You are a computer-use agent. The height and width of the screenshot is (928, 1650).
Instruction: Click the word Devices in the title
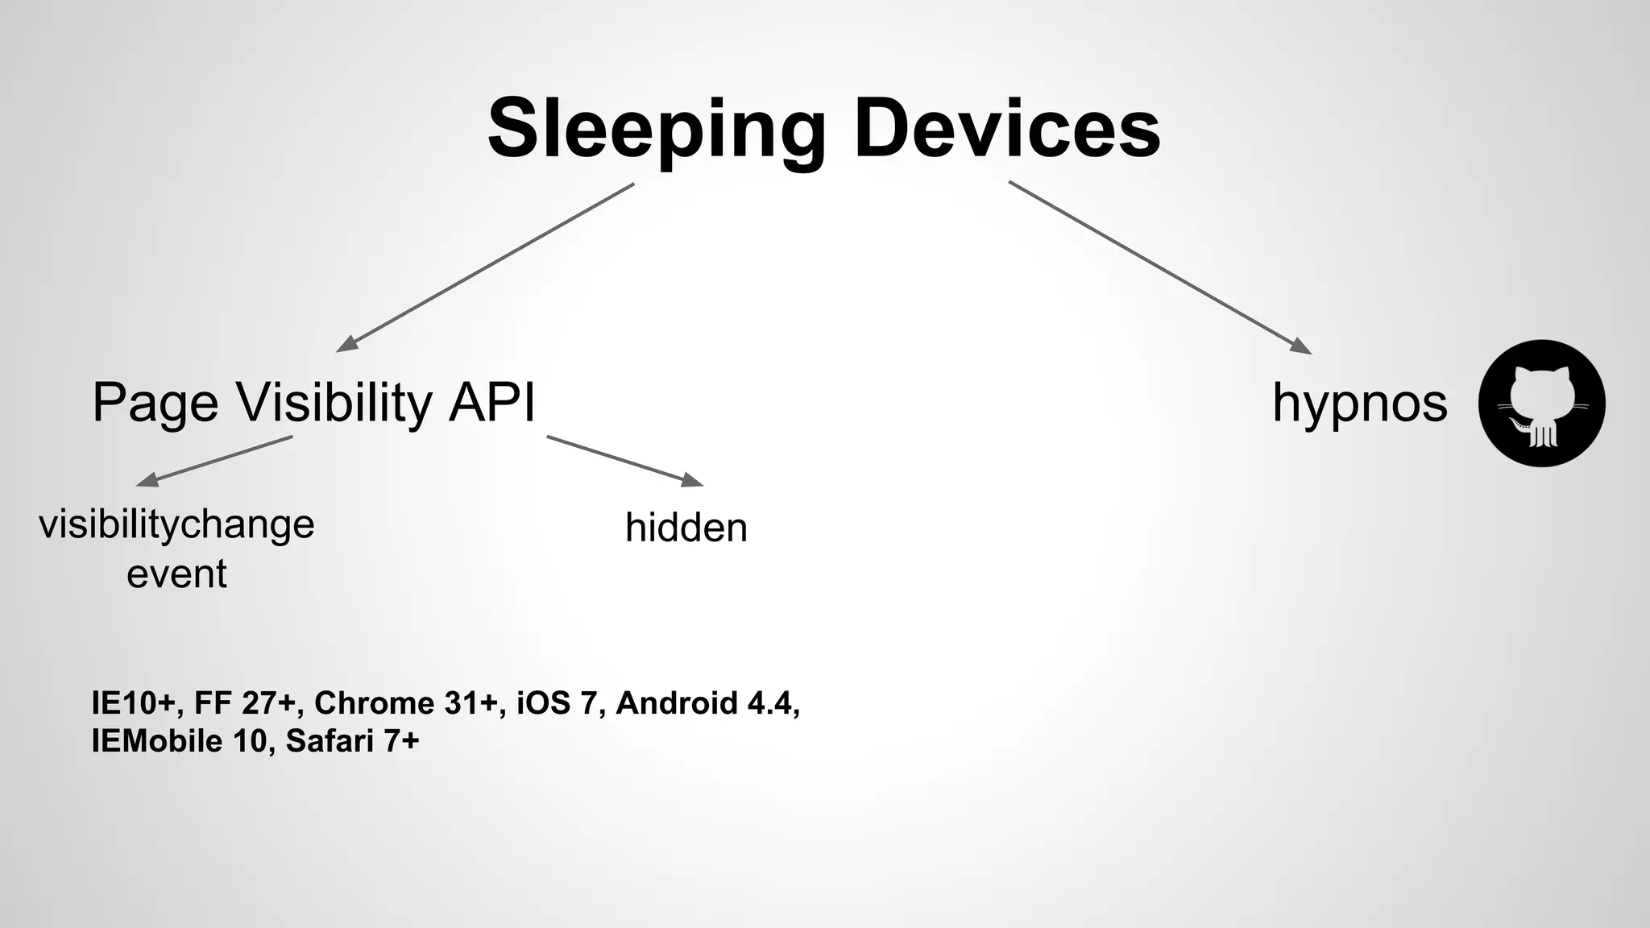1007,129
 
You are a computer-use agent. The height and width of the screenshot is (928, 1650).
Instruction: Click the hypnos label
1359,403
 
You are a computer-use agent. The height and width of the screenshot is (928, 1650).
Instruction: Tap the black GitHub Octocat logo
1541,403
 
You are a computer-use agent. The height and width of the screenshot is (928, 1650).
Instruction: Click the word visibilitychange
176,525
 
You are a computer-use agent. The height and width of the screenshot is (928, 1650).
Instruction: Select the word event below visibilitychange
176,574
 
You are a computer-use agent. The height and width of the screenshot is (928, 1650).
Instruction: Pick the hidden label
686,528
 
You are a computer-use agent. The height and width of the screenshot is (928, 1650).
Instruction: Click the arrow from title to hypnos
1160,267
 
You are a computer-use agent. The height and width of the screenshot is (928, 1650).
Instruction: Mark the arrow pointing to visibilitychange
215,461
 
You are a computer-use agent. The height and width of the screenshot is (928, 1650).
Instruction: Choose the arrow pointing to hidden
624,461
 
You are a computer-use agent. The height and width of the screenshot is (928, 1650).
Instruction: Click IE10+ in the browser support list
133,703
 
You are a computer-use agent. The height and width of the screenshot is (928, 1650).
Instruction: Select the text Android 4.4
707,703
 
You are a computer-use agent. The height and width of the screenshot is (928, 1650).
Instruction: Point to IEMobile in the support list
156,741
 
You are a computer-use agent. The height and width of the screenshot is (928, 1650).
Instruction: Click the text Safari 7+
352,741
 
